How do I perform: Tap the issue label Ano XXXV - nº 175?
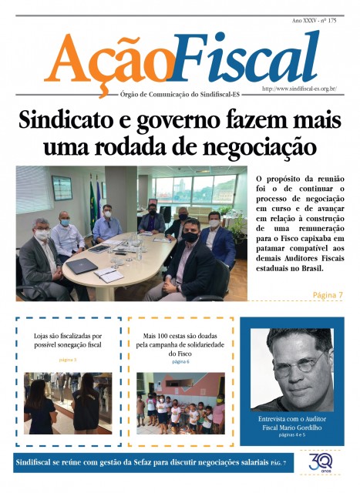click(x=314, y=20)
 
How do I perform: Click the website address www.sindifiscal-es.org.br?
click(x=299, y=89)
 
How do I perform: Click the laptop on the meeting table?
click(x=82, y=265)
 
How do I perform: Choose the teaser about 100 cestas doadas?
click(x=181, y=341)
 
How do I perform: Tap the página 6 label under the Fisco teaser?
click(x=181, y=361)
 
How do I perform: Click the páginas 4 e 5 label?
click(x=291, y=436)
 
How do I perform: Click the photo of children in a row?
click(x=180, y=404)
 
